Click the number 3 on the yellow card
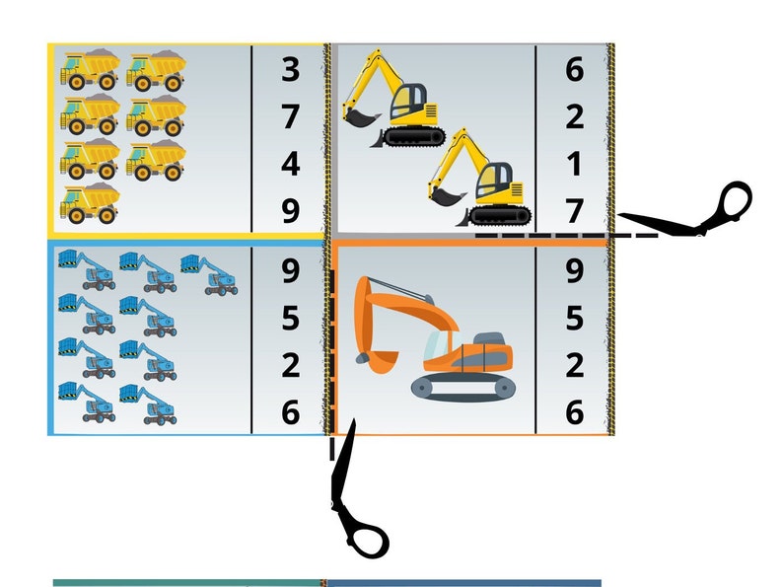pyautogui.click(x=291, y=69)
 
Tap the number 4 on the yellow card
pyautogui.click(x=291, y=165)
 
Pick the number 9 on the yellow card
pyautogui.click(x=291, y=211)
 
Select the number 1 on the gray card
pyautogui.click(x=575, y=165)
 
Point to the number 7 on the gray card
pyautogui.click(x=575, y=211)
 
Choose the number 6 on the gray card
pyautogui.click(x=575, y=69)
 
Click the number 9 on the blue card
pyautogui.click(x=291, y=271)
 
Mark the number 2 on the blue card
pyautogui.click(x=291, y=365)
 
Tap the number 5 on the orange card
pyautogui.click(x=575, y=319)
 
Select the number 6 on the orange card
pyautogui.click(x=575, y=412)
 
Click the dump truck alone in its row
pyautogui.click(x=90, y=202)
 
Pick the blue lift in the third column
pyautogui.click(x=209, y=274)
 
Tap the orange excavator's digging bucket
pyautogui.click(x=378, y=360)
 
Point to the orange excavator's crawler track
pyautogui.click(x=463, y=388)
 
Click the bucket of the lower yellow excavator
pyautogui.click(x=448, y=196)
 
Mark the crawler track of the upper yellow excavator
pyautogui.click(x=415, y=136)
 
